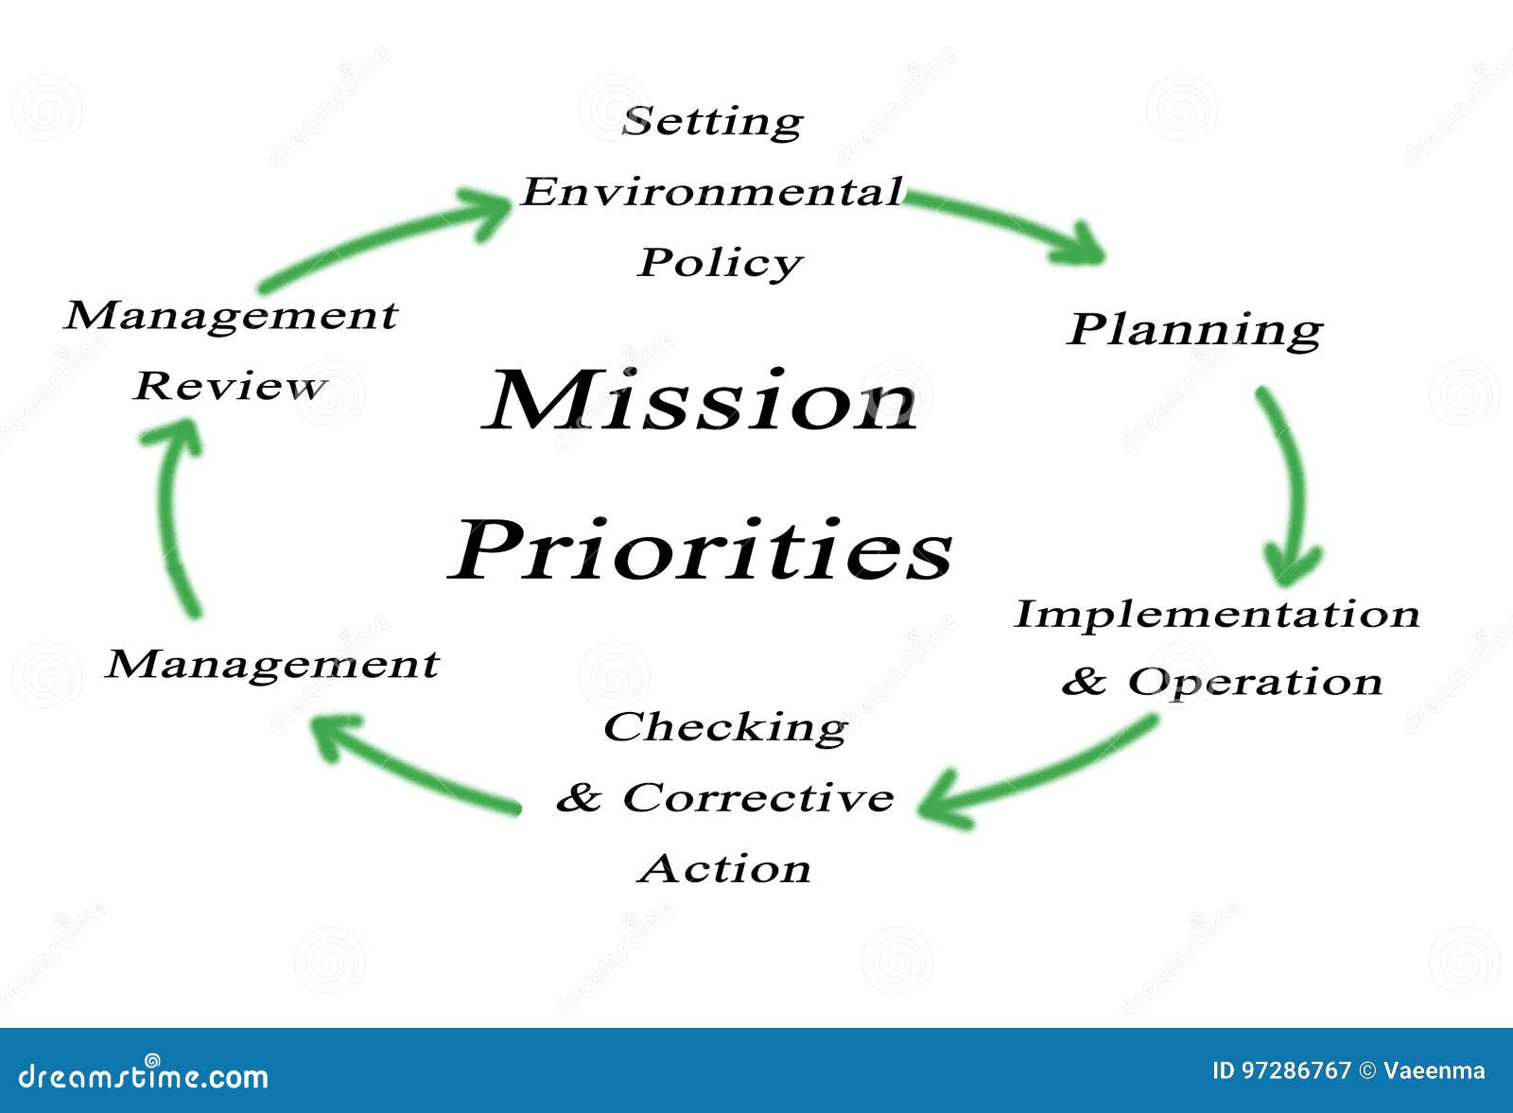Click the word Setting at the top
pyautogui.click(x=712, y=122)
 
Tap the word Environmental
pyautogui.click(x=712, y=192)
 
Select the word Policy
pyautogui.click(x=720, y=263)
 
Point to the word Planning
pyautogui.click(x=1194, y=329)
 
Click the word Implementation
pyautogui.click(x=1217, y=614)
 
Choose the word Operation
pyautogui.click(x=1255, y=681)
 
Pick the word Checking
pyautogui.click(x=725, y=727)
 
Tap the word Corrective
pyautogui.click(x=757, y=797)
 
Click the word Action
pyautogui.click(x=724, y=868)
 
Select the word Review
pyautogui.click(x=230, y=386)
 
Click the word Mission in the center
pyautogui.click(x=700, y=401)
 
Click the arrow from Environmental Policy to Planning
pyautogui.click(x=1007, y=223)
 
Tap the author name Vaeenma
pyautogui.click(x=1434, y=1070)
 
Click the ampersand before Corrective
pyautogui.click(x=579, y=798)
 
